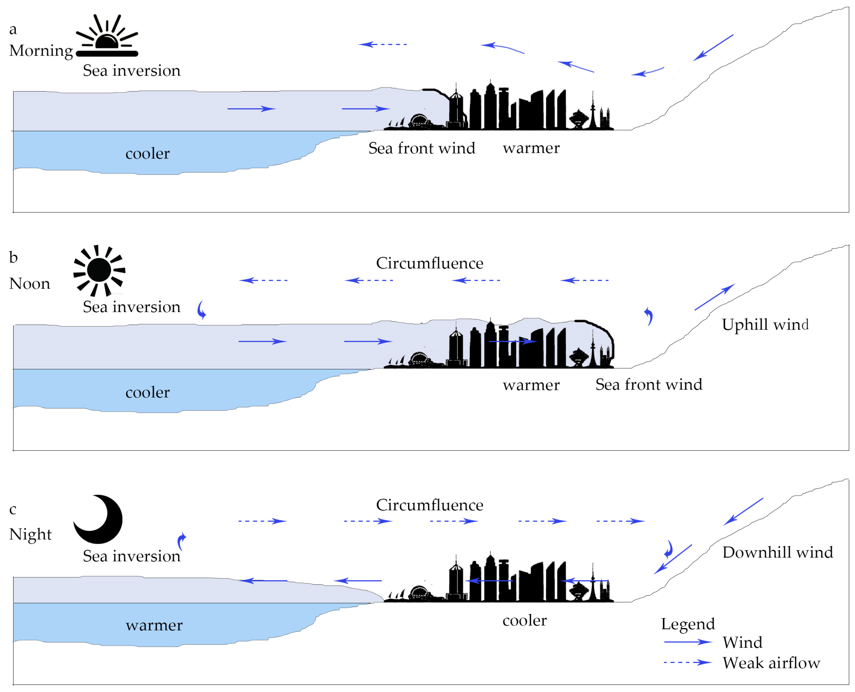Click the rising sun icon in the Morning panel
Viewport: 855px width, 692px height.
(x=107, y=36)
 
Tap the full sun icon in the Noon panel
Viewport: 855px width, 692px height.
(x=99, y=270)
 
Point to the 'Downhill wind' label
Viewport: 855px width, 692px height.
(x=778, y=552)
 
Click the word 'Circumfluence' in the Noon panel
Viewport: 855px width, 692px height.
(x=430, y=263)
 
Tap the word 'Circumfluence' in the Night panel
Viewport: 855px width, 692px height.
(x=430, y=505)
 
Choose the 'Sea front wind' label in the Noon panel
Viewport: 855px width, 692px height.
(x=649, y=384)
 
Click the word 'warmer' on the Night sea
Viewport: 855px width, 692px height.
(x=154, y=625)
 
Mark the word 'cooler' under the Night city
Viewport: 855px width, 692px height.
(x=524, y=620)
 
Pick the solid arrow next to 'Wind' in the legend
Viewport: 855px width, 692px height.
(x=688, y=642)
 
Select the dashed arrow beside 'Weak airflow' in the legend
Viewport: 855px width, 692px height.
(x=688, y=662)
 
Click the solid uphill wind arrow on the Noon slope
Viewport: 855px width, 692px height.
(x=715, y=297)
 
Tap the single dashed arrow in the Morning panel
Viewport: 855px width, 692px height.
(x=382, y=44)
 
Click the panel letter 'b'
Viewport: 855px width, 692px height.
(x=13, y=257)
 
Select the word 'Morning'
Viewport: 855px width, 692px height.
(x=41, y=51)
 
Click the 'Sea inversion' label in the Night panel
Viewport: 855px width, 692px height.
(x=132, y=556)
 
